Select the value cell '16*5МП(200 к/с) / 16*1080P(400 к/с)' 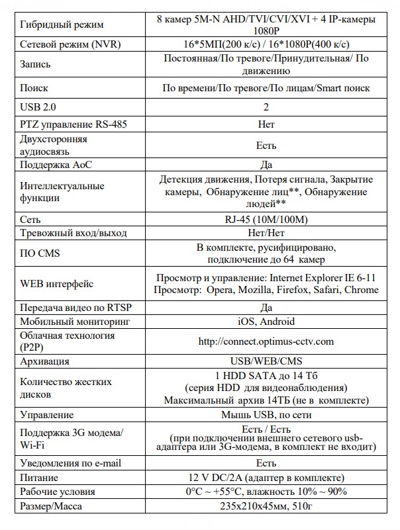point(266,44)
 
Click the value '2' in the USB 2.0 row point(266,107)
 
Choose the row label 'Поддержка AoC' point(54,165)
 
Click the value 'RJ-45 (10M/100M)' point(266,218)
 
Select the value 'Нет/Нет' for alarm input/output point(266,233)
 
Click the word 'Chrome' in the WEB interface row point(362,290)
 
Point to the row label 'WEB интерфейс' point(57,284)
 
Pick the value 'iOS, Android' point(266,322)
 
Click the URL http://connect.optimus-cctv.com point(266,341)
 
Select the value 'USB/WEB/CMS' point(266,361)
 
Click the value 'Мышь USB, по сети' point(266,416)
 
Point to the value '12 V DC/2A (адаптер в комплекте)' point(266,478)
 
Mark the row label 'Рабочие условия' point(58,492)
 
